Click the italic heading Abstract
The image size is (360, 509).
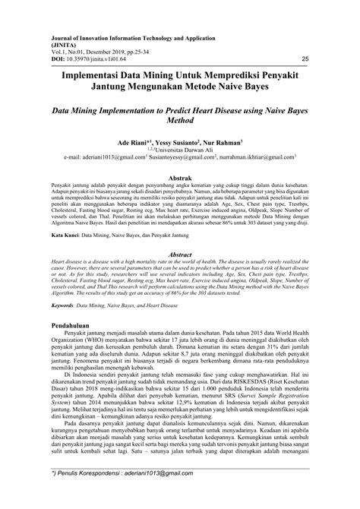179,255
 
